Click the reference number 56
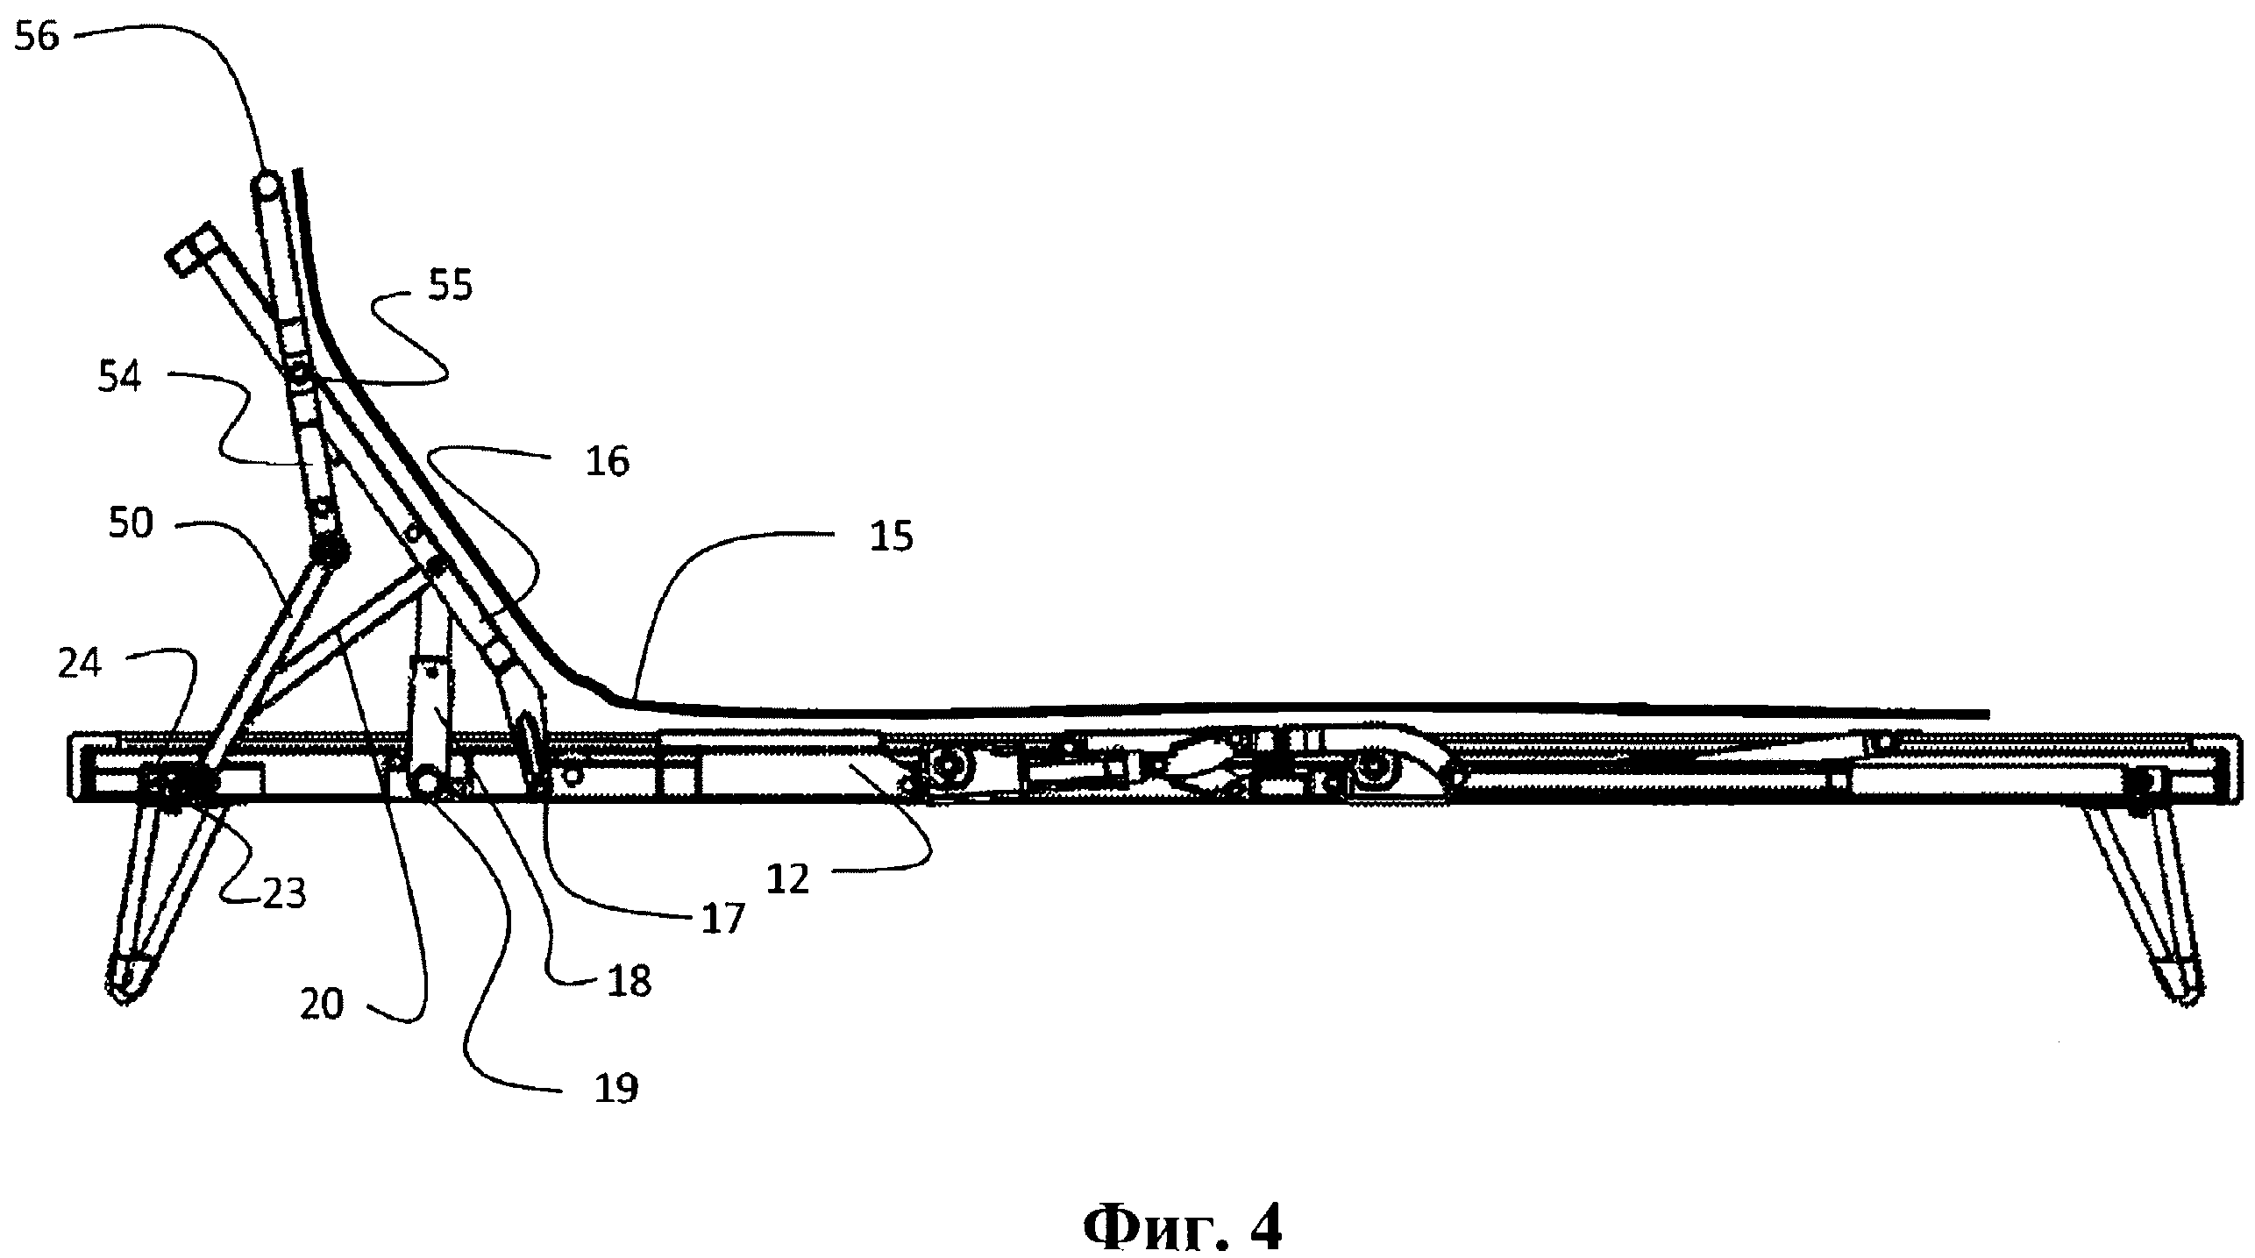coord(37,39)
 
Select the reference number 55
coord(450,286)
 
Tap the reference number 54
coord(118,380)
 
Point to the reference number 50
coord(131,523)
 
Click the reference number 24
coord(80,664)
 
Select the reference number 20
coord(322,1005)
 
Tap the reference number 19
coord(616,1089)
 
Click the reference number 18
coord(630,983)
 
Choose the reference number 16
coord(608,461)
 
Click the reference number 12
coord(786,879)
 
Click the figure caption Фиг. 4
coord(1183,1228)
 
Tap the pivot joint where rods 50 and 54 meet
coord(331,551)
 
